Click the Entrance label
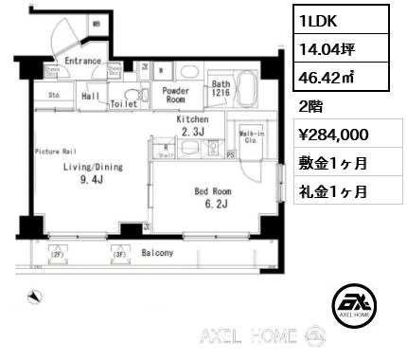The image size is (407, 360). [x=84, y=61]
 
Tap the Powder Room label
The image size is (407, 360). [x=176, y=95]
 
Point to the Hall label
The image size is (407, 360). [x=91, y=96]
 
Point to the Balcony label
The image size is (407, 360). [x=156, y=254]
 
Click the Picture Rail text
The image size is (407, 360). [x=56, y=151]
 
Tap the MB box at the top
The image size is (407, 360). [x=96, y=24]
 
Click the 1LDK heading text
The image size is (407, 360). [x=319, y=19]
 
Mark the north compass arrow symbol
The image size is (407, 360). [x=35, y=297]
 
